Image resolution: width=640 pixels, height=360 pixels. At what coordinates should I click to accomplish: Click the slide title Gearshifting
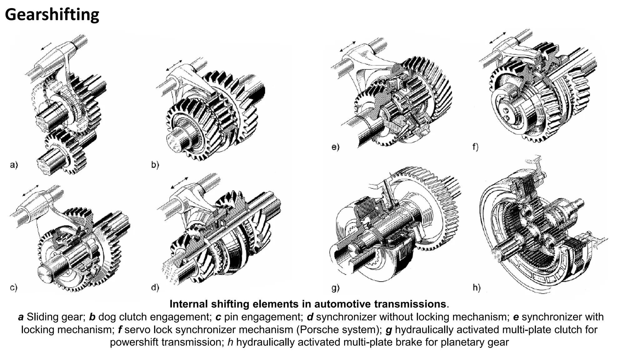coord(52,15)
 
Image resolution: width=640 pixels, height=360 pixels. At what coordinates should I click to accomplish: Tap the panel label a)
coord(14,165)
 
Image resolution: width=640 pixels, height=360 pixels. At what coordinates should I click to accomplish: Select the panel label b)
coord(155,165)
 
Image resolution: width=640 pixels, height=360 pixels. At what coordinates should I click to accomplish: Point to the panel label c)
coord(14,287)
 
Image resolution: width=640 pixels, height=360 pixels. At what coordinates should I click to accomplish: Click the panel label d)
coord(155,287)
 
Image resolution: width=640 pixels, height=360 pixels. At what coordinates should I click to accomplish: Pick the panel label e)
coord(335,147)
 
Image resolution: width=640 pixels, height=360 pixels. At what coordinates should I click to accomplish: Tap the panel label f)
coord(475,147)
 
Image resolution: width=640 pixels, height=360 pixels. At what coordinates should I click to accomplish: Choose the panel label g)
coord(335,288)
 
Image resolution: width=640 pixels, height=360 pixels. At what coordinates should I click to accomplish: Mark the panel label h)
coord(477,288)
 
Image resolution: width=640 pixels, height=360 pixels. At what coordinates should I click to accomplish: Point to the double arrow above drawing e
coord(347,47)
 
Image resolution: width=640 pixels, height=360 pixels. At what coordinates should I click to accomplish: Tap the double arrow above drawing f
coord(497,37)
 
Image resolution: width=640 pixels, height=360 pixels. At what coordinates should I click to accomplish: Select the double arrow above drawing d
coord(179,183)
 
